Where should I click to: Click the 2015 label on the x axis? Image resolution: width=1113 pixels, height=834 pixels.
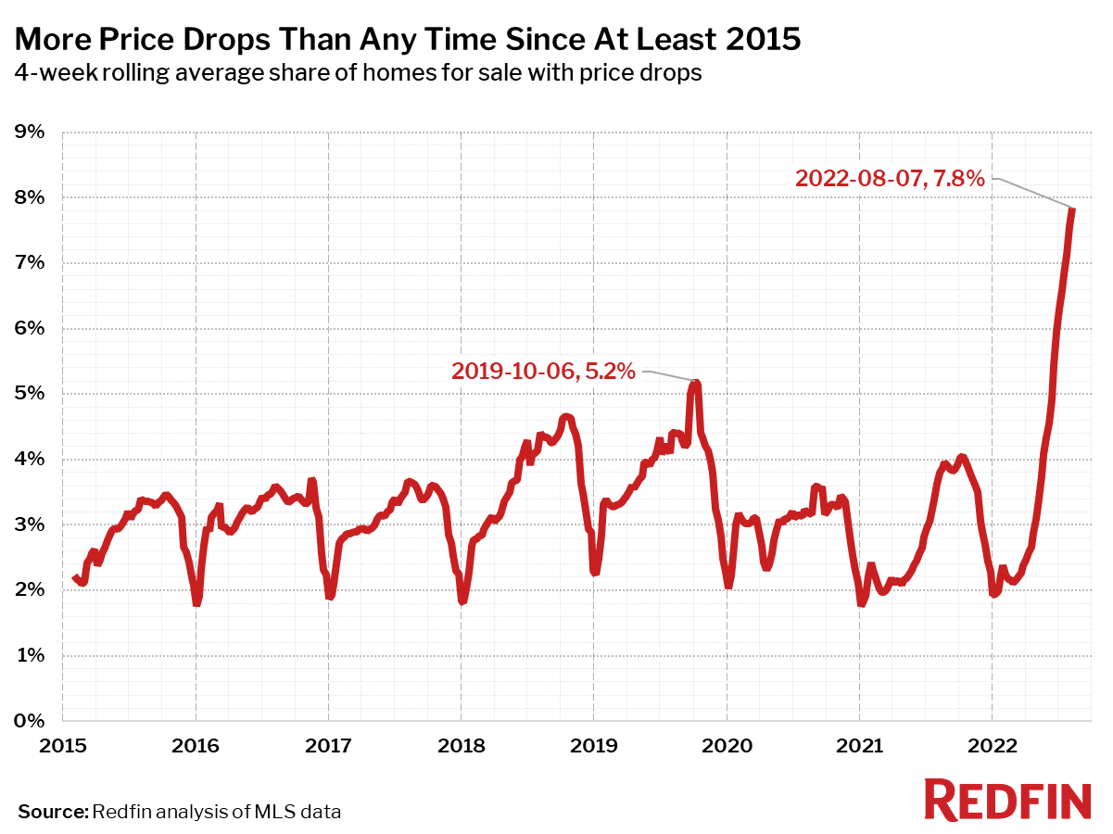pos(63,745)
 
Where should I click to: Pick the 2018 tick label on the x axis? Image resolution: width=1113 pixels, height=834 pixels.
pos(461,745)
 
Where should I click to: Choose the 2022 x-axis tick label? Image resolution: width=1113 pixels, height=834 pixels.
pos(992,745)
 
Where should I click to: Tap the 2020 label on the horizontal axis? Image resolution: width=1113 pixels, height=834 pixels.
pos(727,745)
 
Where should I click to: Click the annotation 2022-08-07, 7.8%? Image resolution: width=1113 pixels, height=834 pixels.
pos(889,178)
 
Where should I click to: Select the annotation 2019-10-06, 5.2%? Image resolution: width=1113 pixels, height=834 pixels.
pos(543,372)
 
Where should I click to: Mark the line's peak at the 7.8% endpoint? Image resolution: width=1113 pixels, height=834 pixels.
pos(1072,208)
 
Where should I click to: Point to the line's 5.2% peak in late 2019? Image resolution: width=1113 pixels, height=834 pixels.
pos(696,382)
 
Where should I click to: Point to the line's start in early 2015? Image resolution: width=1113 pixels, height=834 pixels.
pos(75,577)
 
